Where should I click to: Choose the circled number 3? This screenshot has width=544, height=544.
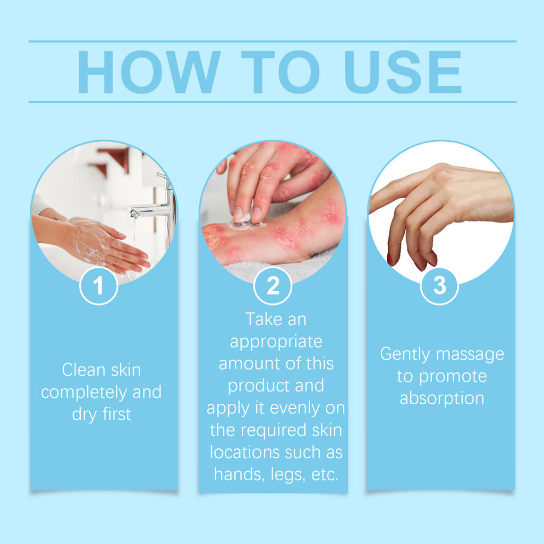click(439, 286)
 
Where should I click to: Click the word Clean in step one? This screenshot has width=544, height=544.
click(82, 370)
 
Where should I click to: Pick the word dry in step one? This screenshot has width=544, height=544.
click(84, 415)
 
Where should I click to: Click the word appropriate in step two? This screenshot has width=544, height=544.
click(276, 341)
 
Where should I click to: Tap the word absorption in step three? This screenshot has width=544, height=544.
click(441, 398)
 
